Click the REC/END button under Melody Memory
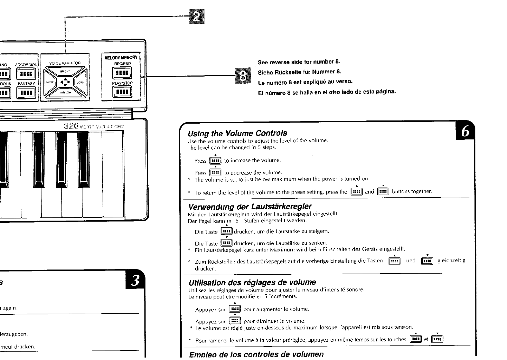pyautogui.click(x=122, y=73)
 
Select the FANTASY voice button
pyautogui.click(x=26, y=93)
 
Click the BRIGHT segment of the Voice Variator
pyautogui.click(x=65, y=72)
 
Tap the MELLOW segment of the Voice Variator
pyautogui.click(x=65, y=92)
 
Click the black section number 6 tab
pyautogui.click(x=465, y=131)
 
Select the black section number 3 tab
pyautogui.click(x=135, y=280)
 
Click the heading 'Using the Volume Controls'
pyautogui.click(x=237, y=133)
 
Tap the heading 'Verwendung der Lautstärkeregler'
pyautogui.click(x=250, y=206)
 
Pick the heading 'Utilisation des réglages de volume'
pyautogui.click(x=252, y=282)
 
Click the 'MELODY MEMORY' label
pyautogui.click(x=121, y=58)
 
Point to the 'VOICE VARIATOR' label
pyautogui.click(x=65, y=63)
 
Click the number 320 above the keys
pyautogui.click(x=71, y=126)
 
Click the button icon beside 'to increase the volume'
pyautogui.click(x=215, y=161)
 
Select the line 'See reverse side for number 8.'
pyautogui.click(x=299, y=62)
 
